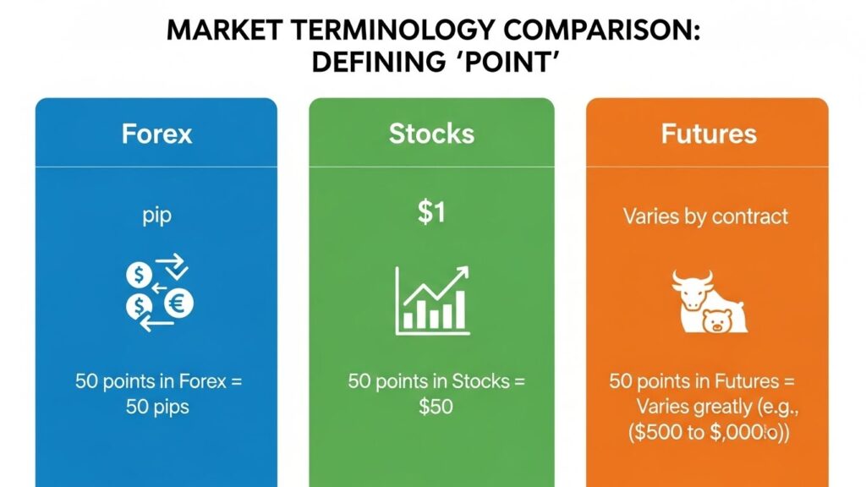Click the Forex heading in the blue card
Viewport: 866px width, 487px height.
click(156, 134)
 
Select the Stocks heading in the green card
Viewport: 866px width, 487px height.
click(431, 134)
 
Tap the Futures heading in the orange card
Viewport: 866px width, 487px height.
click(709, 134)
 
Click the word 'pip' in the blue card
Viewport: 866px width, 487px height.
click(157, 216)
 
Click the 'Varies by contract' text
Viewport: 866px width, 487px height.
click(705, 216)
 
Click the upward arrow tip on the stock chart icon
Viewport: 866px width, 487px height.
click(466, 273)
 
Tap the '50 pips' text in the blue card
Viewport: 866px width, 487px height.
click(157, 406)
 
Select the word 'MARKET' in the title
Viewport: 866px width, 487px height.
click(215, 30)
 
